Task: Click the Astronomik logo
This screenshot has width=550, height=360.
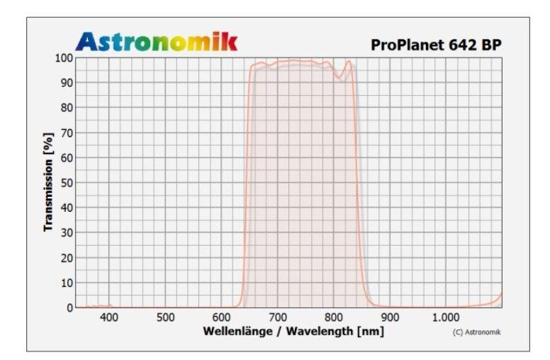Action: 157,42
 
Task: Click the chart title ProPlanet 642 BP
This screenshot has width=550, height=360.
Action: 436,45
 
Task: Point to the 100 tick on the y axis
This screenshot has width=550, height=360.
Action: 64,57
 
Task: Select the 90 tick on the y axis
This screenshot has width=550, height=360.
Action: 66,82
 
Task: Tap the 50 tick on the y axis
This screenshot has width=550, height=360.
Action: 66,182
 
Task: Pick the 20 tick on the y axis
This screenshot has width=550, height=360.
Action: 66,257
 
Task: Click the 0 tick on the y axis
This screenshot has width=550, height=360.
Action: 69,308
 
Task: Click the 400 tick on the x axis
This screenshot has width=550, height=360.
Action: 109,318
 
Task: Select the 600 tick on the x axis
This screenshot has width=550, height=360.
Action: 221,318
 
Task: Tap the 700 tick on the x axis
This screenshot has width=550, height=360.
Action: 277,318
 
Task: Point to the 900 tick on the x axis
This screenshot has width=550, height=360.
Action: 390,318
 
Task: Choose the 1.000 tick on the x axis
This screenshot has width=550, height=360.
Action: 445,318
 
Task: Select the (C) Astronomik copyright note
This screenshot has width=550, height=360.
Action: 476,332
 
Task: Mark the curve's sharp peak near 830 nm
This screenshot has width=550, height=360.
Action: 349,61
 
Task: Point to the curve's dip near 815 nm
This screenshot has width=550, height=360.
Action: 340,77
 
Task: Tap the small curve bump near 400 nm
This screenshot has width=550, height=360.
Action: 108,305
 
